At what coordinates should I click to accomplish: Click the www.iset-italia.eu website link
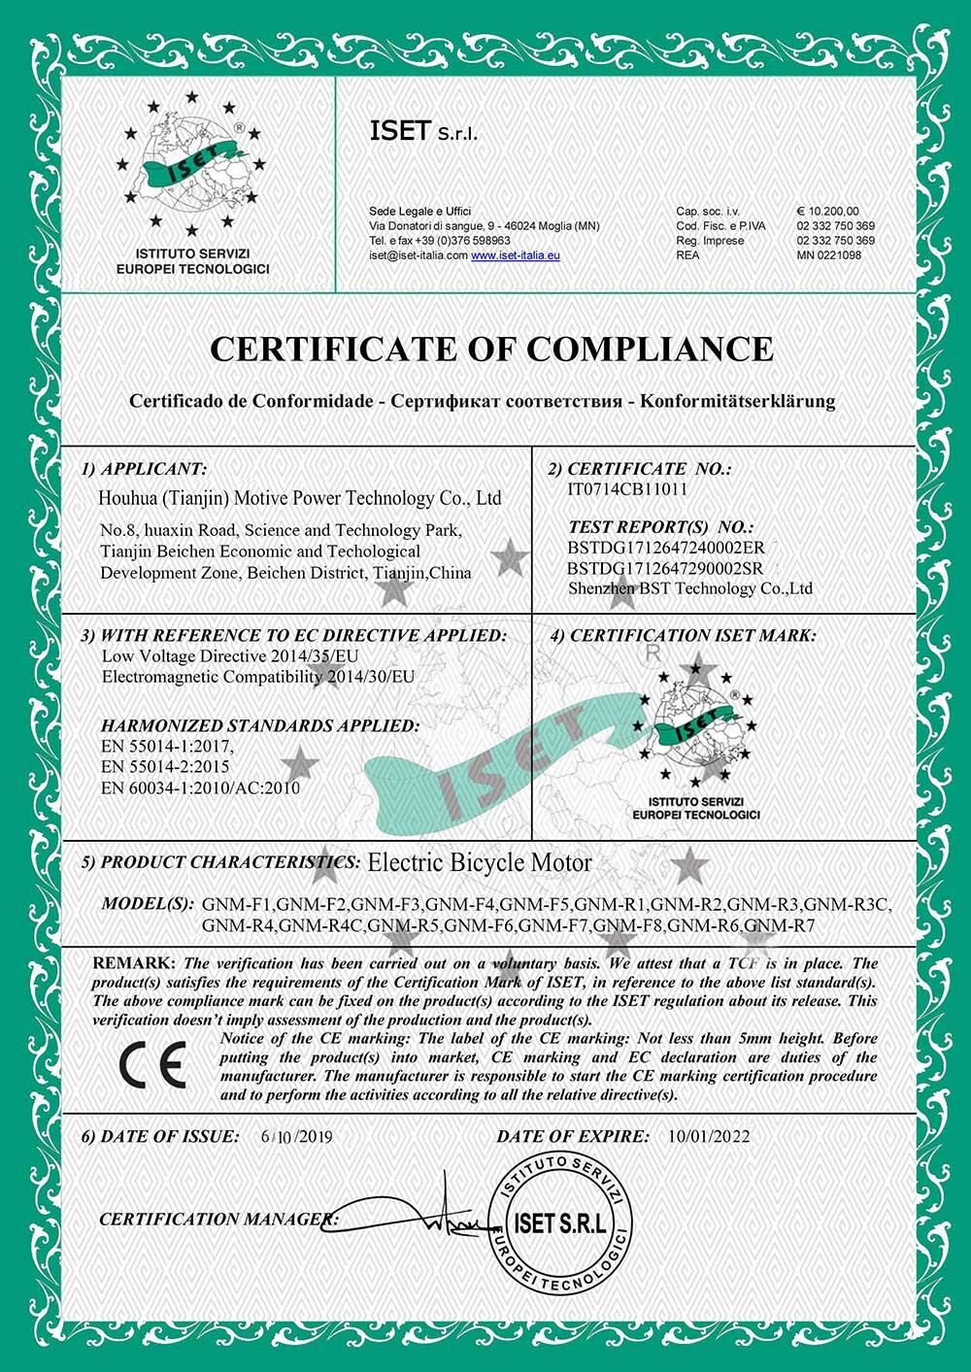(x=516, y=255)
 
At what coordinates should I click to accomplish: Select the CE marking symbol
(x=152, y=1065)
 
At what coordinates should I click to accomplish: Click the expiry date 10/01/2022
(x=709, y=1136)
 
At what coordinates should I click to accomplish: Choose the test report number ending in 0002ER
(x=666, y=548)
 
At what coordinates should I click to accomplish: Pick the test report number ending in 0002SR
(x=665, y=568)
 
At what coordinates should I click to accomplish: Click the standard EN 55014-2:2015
(x=166, y=767)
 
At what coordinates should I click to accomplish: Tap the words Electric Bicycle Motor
(x=480, y=862)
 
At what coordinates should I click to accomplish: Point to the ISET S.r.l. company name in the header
(x=423, y=131)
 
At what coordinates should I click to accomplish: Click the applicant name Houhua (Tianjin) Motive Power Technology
(x=301, y=498)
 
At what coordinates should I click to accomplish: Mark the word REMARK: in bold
(x=134, y=964)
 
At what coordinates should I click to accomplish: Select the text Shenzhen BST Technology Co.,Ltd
(x=690, y=588)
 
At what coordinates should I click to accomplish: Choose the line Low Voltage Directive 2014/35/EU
(x=230, y=656)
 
